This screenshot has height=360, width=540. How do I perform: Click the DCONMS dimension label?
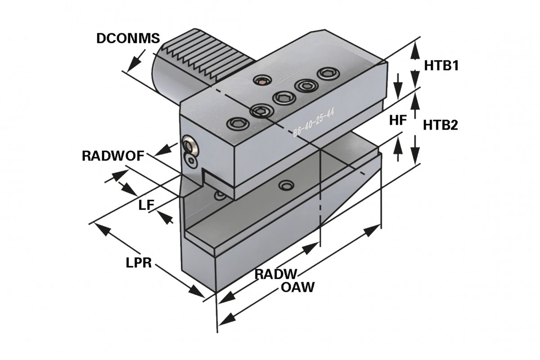click(x=128, y=39)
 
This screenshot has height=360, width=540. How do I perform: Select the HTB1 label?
click(x=441, y=66)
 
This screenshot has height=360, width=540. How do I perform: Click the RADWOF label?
click(x=113, y=156)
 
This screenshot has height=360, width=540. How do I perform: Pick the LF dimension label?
click(x=146, y=206)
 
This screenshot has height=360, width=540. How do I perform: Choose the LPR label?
click(x=138, y=263)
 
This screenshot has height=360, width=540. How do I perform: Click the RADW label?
click(x=277, y=274)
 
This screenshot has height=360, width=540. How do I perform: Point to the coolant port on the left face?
click(x=189, y=146)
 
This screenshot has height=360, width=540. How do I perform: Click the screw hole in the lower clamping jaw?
click(x=284, y=185)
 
